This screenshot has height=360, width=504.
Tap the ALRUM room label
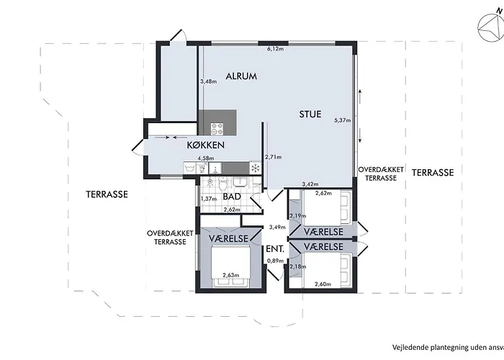[241, 76]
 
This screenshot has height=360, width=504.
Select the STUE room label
[310, 114]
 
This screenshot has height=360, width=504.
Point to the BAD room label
[231, 196]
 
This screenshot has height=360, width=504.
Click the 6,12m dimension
[275, 49]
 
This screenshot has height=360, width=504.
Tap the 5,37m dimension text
[343, 120]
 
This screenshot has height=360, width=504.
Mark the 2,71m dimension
[272, 156]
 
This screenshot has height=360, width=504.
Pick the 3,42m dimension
[310, 184]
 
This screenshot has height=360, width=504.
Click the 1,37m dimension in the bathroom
[208, 199]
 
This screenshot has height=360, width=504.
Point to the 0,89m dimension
[274, 261]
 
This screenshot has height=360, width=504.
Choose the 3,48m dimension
[208, 81]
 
